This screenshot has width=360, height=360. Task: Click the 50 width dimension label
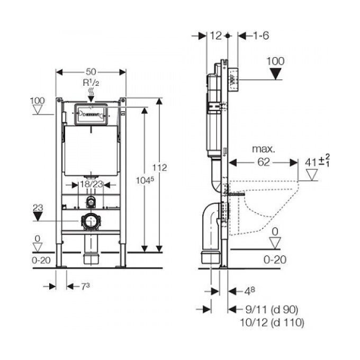click(x=91, y=72)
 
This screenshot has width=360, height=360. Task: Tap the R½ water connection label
click(x=91, y=83)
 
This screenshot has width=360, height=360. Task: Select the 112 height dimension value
click(x=159, y=168)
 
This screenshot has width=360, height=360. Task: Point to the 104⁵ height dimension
click(x=145, y=180)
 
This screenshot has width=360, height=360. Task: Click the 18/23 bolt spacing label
click(x=91, y=184)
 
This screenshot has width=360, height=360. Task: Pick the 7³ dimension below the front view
click(x=85, y=286)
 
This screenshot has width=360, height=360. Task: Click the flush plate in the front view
click(x=91, y=114)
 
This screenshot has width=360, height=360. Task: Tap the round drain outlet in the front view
click(x=91, y=221)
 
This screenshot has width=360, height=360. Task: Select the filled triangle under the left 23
click(x=38, y=216)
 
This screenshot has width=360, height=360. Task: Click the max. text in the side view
click(x=263, y=149)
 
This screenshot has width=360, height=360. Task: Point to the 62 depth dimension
click(x=263, y=163)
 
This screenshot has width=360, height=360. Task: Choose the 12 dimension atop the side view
click(x=216, y=35)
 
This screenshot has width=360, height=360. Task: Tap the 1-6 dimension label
click(x=261, y=35)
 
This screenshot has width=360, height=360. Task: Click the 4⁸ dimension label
click(x=249, y=291)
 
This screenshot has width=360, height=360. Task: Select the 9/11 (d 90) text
click(x=272, y=310)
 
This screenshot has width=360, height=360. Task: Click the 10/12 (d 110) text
click(x=272, y=322)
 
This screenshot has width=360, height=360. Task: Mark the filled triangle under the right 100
click(x=275, y=74)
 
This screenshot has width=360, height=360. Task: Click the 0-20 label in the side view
click(x=275, y=260)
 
